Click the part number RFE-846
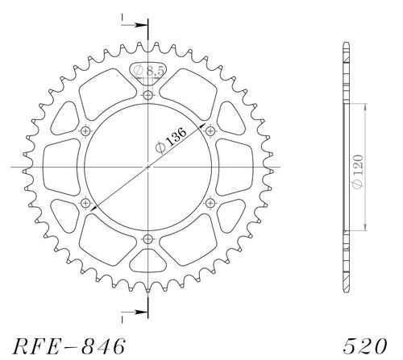pyautogui.click(x=69, y=346)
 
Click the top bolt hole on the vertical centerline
pyautogui.click(x=147, y=96)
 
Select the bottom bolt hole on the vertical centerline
pyautogui.click(x=147, y=239)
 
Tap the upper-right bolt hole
pyautogui.click(x=210, y=131)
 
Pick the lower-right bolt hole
pyautogui.click(x=210, y=203)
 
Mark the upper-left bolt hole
pyautogui.click(x=85, y=131)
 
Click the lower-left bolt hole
pyautogui.click(x=85, y=203)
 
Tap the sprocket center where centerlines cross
pyautogui.click(x=147, y=168)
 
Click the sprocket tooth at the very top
pyautogui.click(x=147, y=40)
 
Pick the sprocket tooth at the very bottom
pyautogui.click(x=147, y=295)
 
